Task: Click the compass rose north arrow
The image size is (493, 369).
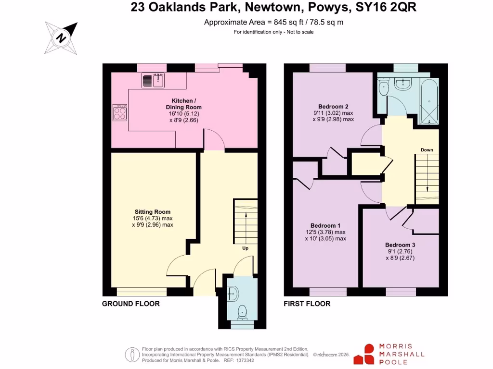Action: [62, 37]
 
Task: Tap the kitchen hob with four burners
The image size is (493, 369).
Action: [120, 113]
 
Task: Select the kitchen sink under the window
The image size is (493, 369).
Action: [153, 81]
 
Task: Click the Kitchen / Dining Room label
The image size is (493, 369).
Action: [183, 104]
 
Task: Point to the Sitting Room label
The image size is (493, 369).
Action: [153, 212]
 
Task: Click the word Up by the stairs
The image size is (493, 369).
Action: [246, 248]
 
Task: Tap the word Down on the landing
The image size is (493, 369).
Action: [427, 150]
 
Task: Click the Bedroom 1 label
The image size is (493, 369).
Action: [325, 226]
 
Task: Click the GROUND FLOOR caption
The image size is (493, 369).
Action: [130, 304]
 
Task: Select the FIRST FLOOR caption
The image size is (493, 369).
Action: [307, 304]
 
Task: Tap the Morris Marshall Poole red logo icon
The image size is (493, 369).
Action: [364, 355]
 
